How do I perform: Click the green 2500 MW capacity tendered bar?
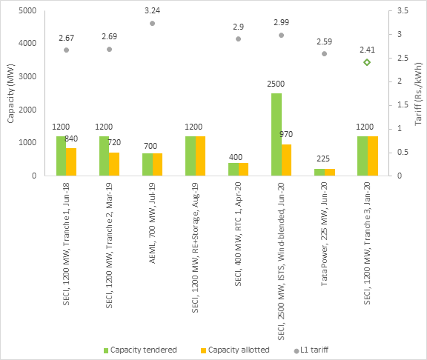[276, 134]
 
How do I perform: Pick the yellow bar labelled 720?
[114, 164]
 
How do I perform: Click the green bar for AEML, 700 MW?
[147, 164]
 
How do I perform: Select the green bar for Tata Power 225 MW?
[319, 172]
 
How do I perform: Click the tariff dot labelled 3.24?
[152, 23]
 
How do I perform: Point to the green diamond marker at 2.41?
[366, 62]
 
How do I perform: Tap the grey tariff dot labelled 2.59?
[324, 53]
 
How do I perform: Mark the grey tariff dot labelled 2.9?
[238, 39]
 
